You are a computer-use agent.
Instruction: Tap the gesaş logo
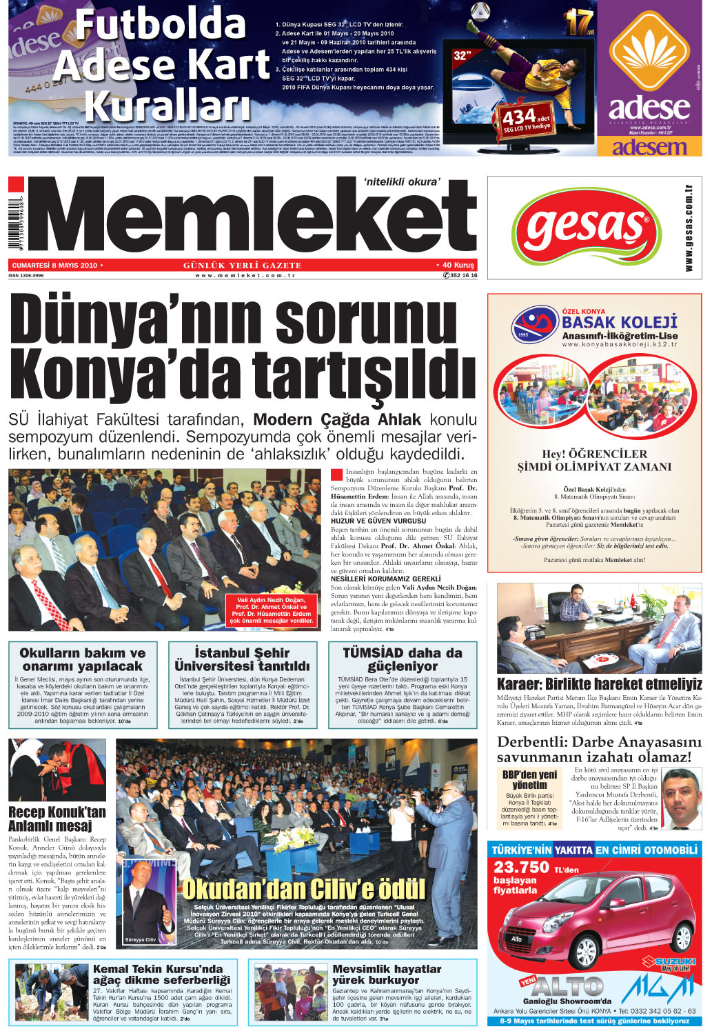click(x=585, y=226)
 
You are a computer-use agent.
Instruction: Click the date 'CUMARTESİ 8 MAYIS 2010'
click(x=54, y=265)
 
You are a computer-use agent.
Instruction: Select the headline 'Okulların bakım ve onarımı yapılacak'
click(x=82, y=659)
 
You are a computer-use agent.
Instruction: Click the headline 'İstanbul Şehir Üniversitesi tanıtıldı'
click(x=242, y=659)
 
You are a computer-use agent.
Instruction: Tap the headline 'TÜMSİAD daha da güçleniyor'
click(x=403, y=659)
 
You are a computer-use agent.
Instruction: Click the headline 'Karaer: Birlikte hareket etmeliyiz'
click(x=599, y=684)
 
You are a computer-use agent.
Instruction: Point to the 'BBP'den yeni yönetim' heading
click(x=529, y=779)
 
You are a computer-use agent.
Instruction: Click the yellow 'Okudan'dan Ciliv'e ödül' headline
click(x=303, y=888)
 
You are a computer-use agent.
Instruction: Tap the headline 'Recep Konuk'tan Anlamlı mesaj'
click(x=57, y=819)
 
